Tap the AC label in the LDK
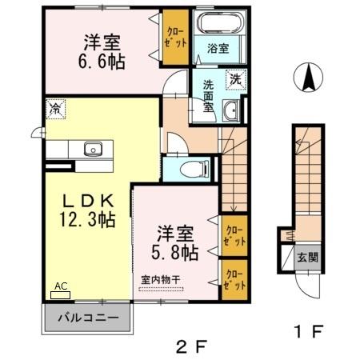[61, 286]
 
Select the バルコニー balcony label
[89, 318]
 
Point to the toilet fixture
[189, 168]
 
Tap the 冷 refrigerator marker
[55, 107]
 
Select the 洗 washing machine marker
[235, 78]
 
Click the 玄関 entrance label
[309, 257]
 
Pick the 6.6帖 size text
[101, 62]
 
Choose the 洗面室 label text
[208, 96]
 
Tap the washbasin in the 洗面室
[230, 111]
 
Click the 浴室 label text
[218, 48]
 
